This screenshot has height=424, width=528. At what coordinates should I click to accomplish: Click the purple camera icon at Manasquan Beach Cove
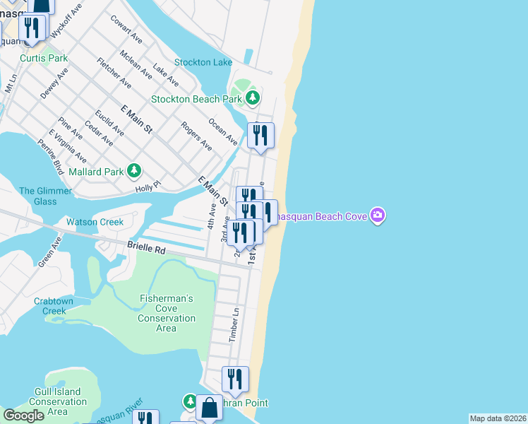click(x=378, y=215)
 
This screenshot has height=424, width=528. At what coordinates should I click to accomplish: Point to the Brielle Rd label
click(x=146, y=249)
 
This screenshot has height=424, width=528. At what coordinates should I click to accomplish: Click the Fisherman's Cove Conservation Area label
click(x=166, y=313)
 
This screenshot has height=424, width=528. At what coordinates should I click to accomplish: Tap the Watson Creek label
click(x=95, y=222)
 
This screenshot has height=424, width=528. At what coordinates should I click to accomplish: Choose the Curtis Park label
click(x=44, y=58)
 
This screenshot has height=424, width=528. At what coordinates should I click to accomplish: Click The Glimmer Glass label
click(x=45, y=196)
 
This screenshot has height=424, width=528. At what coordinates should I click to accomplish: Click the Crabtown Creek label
click(x=54, y=306)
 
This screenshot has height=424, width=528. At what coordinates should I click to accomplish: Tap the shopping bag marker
click(x=209, y=408)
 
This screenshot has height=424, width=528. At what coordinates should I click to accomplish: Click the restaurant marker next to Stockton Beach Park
click(x=260, y=135)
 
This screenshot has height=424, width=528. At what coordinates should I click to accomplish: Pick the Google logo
click(x=23, y=416)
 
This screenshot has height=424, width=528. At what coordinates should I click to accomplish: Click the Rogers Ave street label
click(x=196, y=136)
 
